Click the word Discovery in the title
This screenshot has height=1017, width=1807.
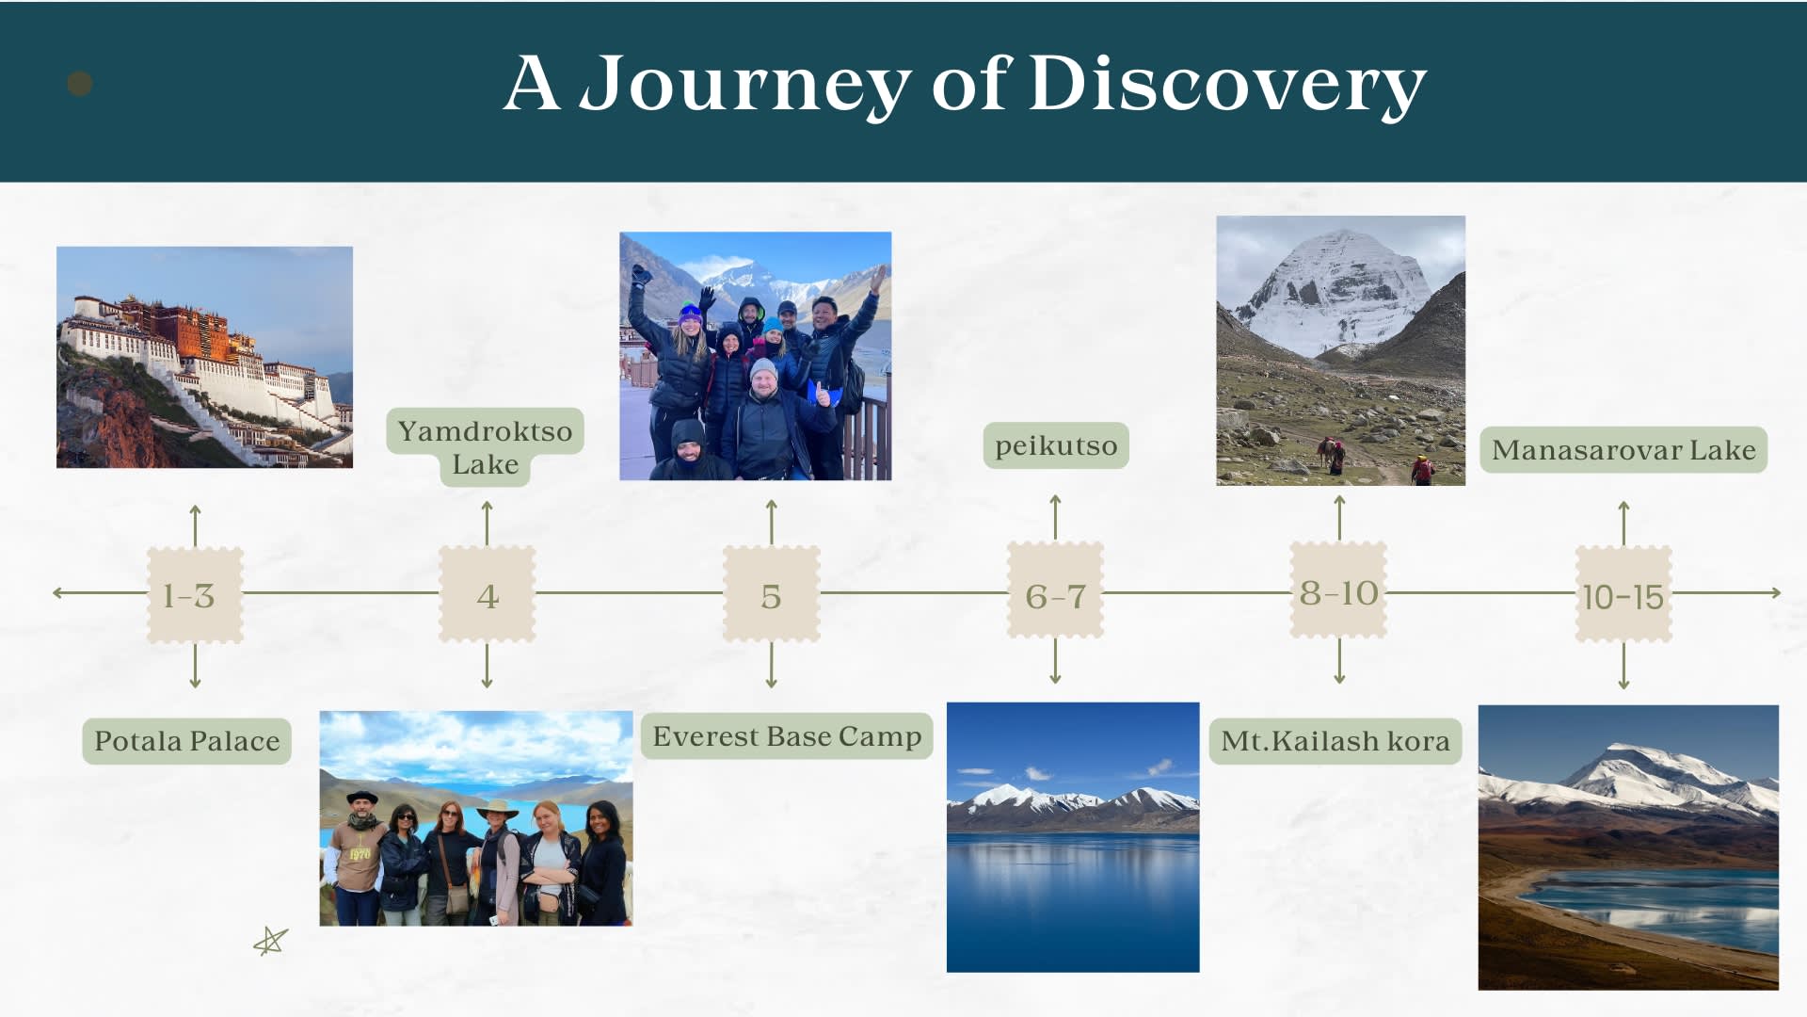point(1227,84)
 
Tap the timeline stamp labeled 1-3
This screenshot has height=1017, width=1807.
point(195,595)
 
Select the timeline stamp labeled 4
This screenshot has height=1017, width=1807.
point(487,594)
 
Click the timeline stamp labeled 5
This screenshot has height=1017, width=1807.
point(771,594)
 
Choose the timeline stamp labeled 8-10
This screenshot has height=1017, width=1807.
point(1338,590)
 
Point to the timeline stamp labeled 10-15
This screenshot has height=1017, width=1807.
point(1623,594)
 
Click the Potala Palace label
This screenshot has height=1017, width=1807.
point(186,741)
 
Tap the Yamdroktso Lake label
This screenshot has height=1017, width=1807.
point(485,447)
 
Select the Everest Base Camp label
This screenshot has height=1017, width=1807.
point(787,736)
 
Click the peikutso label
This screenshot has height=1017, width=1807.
point(1056,445)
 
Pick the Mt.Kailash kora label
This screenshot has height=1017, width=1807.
point(1335,741)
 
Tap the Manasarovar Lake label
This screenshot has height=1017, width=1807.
point(1623,450)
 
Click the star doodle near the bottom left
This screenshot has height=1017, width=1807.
point(271,941)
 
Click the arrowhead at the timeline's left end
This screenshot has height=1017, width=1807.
point(57,593)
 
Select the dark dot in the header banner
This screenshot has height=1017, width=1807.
point(80,84)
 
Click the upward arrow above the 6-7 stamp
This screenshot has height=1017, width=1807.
point(1055,517)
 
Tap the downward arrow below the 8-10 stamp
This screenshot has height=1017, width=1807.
point(1339,661)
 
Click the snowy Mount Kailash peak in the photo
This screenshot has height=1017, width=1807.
point(1336,287)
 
